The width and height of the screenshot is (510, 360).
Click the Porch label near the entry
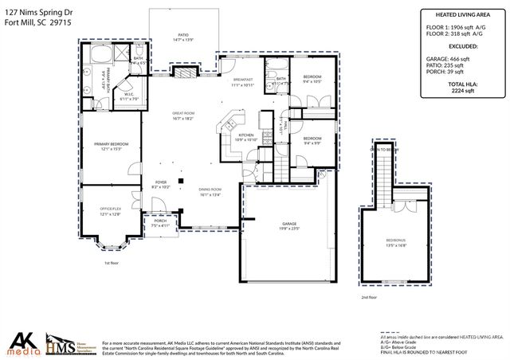click(160, 224)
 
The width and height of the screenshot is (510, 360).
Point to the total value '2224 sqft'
click(457, 91)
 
